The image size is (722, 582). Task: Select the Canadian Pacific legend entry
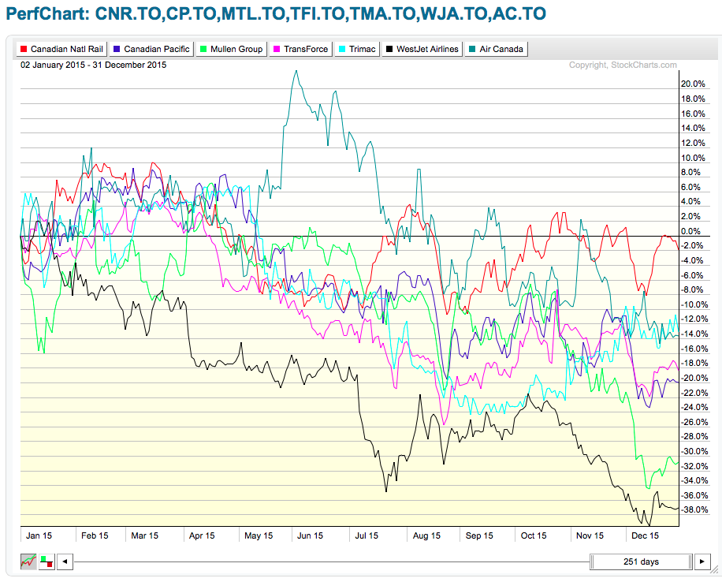pos(153,49)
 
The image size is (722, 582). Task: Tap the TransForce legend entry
pos(302,49)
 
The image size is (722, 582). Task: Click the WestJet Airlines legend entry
pos(422,49)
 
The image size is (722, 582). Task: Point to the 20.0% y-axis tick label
pos(693,84)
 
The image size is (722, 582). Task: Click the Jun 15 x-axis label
pos(310,535)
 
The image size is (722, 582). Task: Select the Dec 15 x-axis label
pos(645,535)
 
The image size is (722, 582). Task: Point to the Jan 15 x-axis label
pos(40,535)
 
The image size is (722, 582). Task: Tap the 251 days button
pos(640,561)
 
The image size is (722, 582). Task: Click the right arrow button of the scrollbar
pos(701,561)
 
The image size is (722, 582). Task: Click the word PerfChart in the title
pos(46,14)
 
